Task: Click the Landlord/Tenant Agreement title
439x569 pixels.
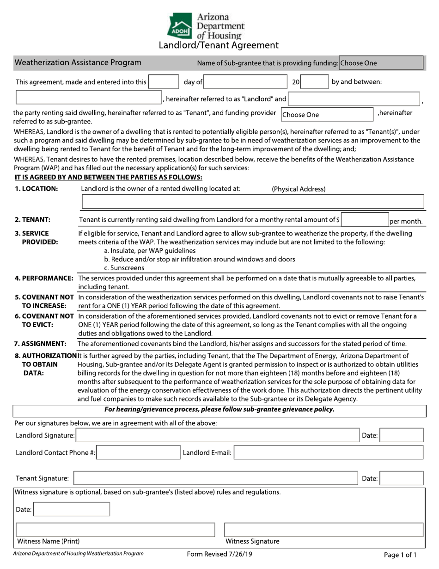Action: coord(219,45)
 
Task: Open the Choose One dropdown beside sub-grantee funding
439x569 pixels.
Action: coord(381,63)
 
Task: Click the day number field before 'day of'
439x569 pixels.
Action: coord(163,82)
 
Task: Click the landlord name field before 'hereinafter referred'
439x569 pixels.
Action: coord(88,99)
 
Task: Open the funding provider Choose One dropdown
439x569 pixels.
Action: coord(326,114)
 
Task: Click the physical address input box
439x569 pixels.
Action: coord(252,202)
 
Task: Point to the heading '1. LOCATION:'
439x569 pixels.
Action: coord(37,189)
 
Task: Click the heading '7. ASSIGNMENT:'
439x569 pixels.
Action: coord(40,344)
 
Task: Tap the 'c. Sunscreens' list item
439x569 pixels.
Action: coord(124,268)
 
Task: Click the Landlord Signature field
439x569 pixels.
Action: coord(217,435)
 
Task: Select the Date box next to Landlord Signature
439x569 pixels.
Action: coord(401,435)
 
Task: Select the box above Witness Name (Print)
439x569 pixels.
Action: coord(116,529)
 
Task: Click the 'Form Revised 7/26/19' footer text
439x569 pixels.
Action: coord(219,554)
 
